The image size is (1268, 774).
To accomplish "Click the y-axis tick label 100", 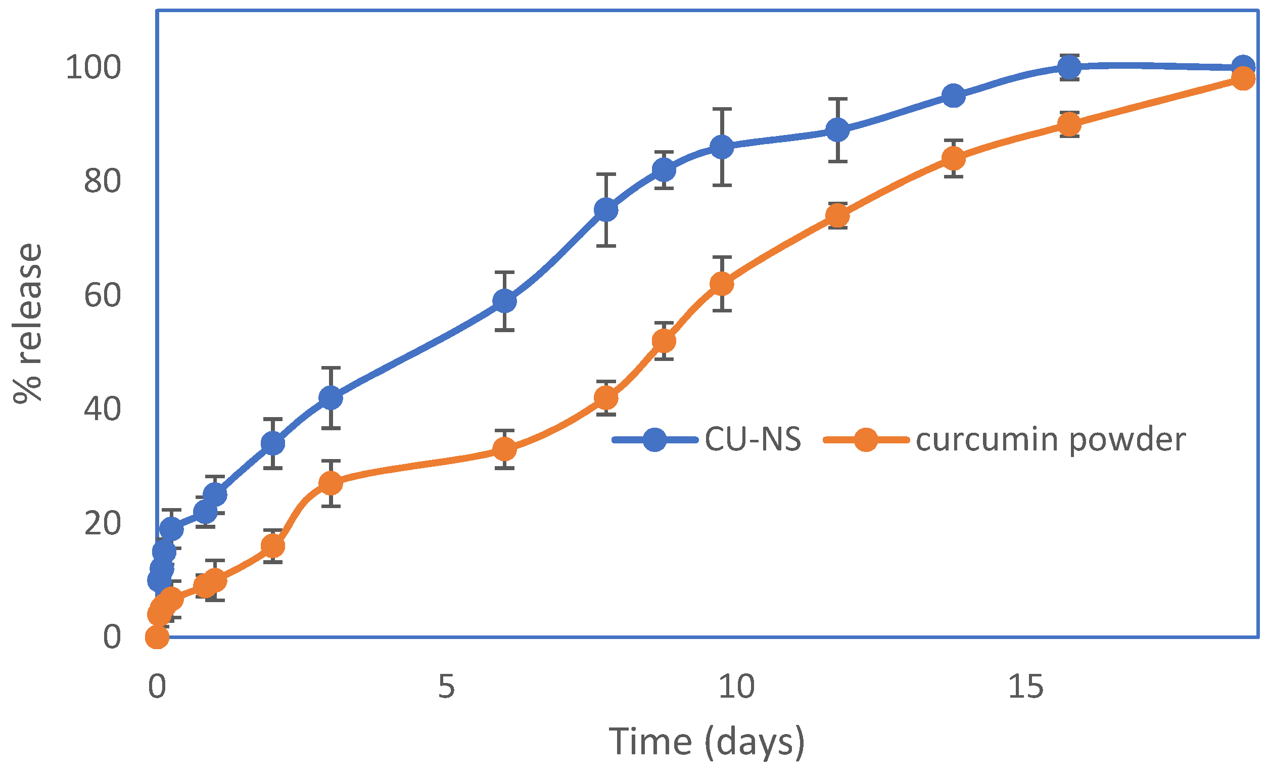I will tap(93, 67).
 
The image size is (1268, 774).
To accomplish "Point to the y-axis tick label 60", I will tap(103, 295).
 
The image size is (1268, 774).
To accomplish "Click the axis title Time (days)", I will tap(707, 742).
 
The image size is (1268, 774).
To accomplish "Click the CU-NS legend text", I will tap(753, 440).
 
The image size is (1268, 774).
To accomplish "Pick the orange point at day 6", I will tap(504, 449).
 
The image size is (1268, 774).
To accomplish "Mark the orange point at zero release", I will tap(157, 638).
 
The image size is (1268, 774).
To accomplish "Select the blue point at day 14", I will tap(954, 96).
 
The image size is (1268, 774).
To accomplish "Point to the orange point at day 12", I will tap(838, 216).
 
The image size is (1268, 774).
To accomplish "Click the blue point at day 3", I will tap(331, 398).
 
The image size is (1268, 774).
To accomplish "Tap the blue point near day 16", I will tap(1069, 66).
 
